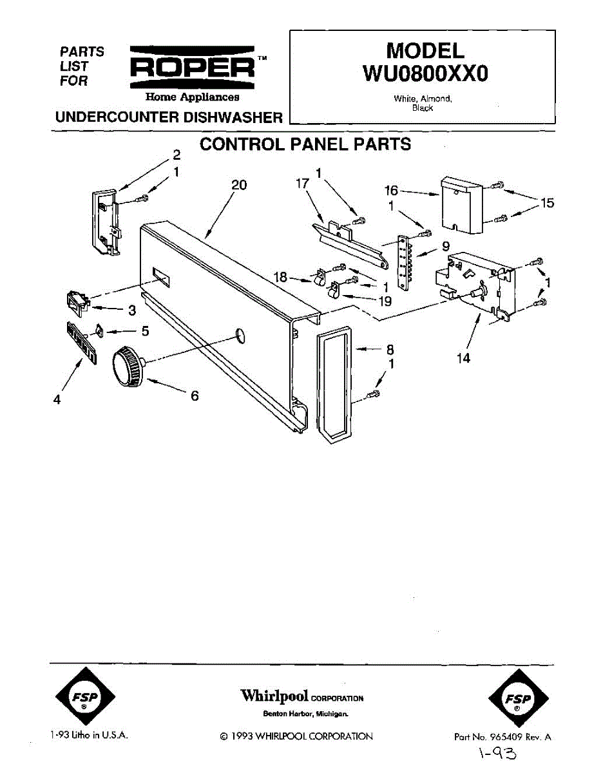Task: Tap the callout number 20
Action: pos(238,185)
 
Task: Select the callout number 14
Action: pos(464,358)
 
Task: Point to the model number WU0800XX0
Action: pos(425,73)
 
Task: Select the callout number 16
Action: pos(392,191)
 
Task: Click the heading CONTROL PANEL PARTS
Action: pos(305,144)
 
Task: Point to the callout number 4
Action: pos(57,399)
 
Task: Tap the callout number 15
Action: pos(547,204)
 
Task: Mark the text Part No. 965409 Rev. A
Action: pos(502,737)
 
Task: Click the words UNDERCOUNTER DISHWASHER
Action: pos(169,117)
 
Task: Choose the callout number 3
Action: pos(131,311)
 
